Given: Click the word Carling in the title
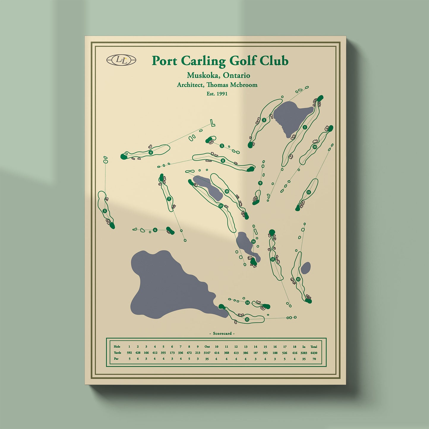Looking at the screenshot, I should (x=203, y=61).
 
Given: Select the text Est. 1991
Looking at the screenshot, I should (x=217, y=94).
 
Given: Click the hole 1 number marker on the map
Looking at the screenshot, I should (x=305, y=127).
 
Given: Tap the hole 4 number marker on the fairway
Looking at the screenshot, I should (x=151, y=153).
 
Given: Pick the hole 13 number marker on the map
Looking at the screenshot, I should (x=247, y=319).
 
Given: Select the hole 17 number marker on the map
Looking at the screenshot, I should (x=221, y=206).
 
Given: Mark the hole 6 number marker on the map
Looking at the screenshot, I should (x=155, y=230).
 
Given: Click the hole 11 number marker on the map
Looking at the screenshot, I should (x=309, y=192).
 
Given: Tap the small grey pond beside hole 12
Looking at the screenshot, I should (x=306, y=268).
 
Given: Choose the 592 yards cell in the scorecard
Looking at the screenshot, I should (x=129, y=353).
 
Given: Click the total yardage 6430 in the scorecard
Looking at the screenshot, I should (x=314, y=353).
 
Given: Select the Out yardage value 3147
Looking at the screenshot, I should (x=207, y=353).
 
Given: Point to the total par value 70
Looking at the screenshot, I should (x=314, y=359).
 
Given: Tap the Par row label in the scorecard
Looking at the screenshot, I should (x=116, y=359).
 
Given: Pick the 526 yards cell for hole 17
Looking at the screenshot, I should (x=285, y=353).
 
